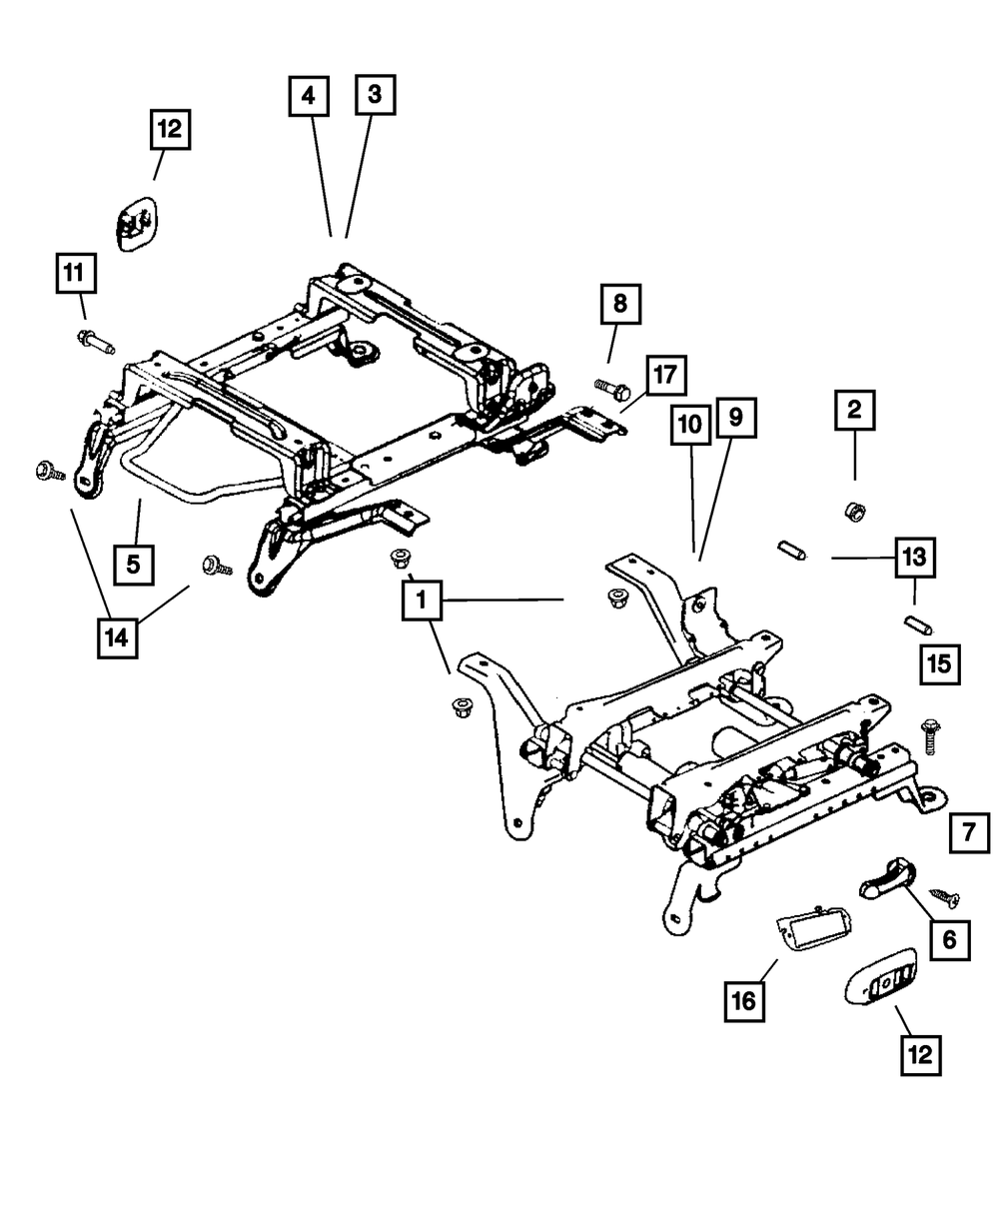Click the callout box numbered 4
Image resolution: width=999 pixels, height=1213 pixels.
[309, 97]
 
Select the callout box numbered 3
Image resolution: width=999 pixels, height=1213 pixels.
[374, 95]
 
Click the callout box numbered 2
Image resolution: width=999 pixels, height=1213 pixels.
[854, 410]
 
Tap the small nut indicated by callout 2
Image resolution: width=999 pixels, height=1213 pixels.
[854, 512]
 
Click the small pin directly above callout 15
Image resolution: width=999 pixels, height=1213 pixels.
[916, 624]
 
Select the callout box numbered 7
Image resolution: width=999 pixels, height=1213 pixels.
[968, 830]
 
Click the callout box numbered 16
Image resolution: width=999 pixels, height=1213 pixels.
[745, 998]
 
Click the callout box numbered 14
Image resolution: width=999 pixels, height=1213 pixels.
[117, 636]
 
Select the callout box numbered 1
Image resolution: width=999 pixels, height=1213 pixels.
[423, 601]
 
